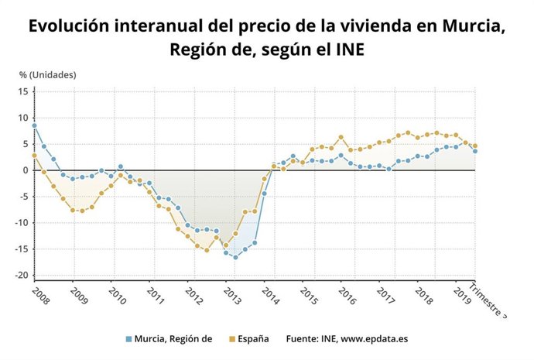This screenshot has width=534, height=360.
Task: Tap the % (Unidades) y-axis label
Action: click(x=48, y=75)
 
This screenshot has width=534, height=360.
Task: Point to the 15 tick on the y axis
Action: click(x=22, y=91)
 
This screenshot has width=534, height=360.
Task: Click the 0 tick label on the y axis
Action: click(x=25, y=170)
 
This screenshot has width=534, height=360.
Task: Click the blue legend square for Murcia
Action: click(x=128, y=338)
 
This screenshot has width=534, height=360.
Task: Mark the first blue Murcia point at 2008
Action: click(x=34, y=125)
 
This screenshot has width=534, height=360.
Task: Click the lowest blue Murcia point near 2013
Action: click(x=235, y=257)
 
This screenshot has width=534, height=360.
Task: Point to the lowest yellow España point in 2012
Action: click(x=207, y=250)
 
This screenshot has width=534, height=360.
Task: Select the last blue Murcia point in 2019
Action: click(x=474, y=151)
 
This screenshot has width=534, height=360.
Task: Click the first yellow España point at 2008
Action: click(x=34, y=156)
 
